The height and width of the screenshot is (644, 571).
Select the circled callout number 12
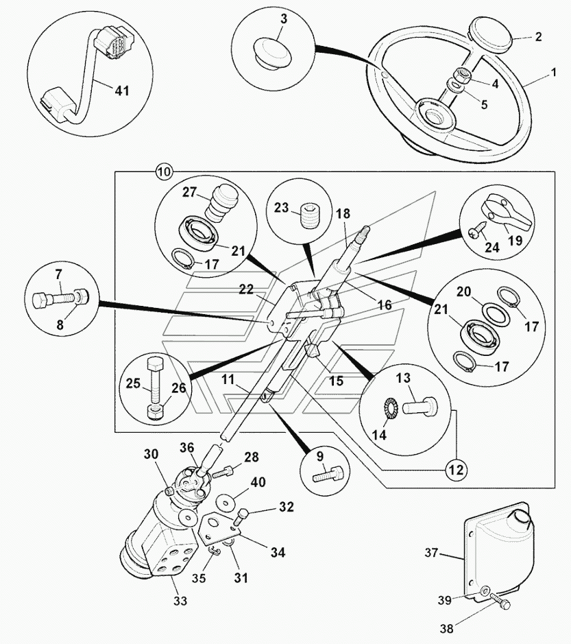[456, 470]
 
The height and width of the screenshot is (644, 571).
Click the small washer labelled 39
[485, 590]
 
